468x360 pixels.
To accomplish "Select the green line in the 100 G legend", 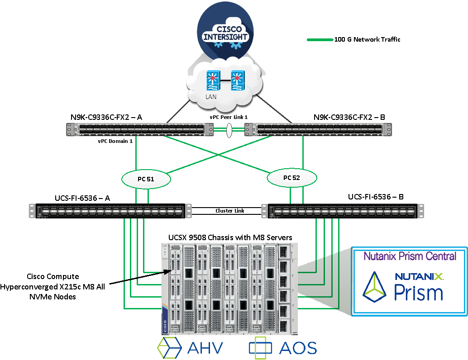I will pyautogui.click(x=320, y=40).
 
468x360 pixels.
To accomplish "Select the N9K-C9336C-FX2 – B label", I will pyautogui.click(x=349, y=117).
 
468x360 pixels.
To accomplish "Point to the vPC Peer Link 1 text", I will pyautogui.click(x=229, y=117).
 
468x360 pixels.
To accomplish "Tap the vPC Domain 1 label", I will pyautogui.click(x=115, y=141).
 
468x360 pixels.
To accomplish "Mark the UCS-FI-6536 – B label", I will pyautogui.click(x=376, y=197).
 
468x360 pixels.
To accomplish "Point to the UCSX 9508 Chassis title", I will pyautogui.click(x=230, y=237).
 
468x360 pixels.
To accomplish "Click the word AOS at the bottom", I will pyautogui.click(x=297, y=348).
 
